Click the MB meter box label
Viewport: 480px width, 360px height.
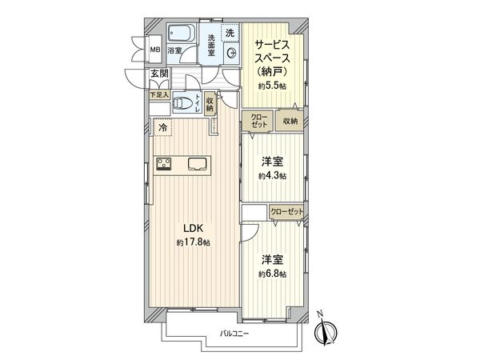tap(156, 50)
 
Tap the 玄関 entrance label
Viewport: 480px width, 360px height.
tap(158, 74)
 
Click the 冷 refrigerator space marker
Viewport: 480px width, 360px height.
tap(163, 127)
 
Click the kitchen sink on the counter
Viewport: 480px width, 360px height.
tap(197, 163)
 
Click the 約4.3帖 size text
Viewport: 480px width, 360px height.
tap(272, 175)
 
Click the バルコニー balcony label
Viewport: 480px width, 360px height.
tap(234, 333)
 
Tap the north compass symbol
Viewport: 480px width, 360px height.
tap(327, 330)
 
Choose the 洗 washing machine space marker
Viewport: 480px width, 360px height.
tap(230, 33)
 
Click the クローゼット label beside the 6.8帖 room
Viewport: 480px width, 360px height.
tap(286, 211)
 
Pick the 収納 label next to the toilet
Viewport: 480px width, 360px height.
tap(210, 103)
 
